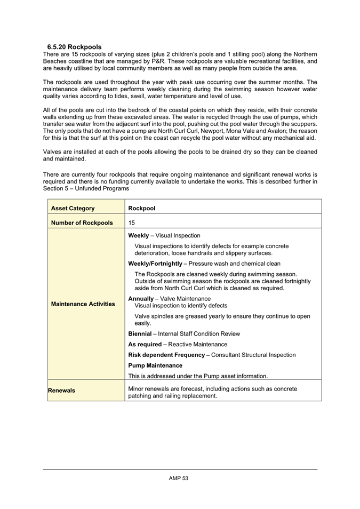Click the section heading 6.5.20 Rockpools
pos(74,47)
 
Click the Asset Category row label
pos(73,208)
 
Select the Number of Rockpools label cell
pos(82,222)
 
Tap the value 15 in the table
pos(132,222)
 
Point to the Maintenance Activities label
pos(83,304)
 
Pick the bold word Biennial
pos(142,333)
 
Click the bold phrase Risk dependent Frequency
pos(170,355)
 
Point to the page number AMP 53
pos(179,478)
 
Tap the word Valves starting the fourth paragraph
pos(52,152)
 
